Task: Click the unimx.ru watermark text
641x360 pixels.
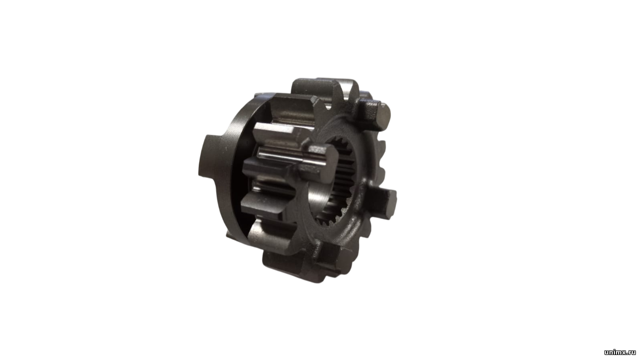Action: (620, 352)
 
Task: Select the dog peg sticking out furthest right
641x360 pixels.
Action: (384, 203)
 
